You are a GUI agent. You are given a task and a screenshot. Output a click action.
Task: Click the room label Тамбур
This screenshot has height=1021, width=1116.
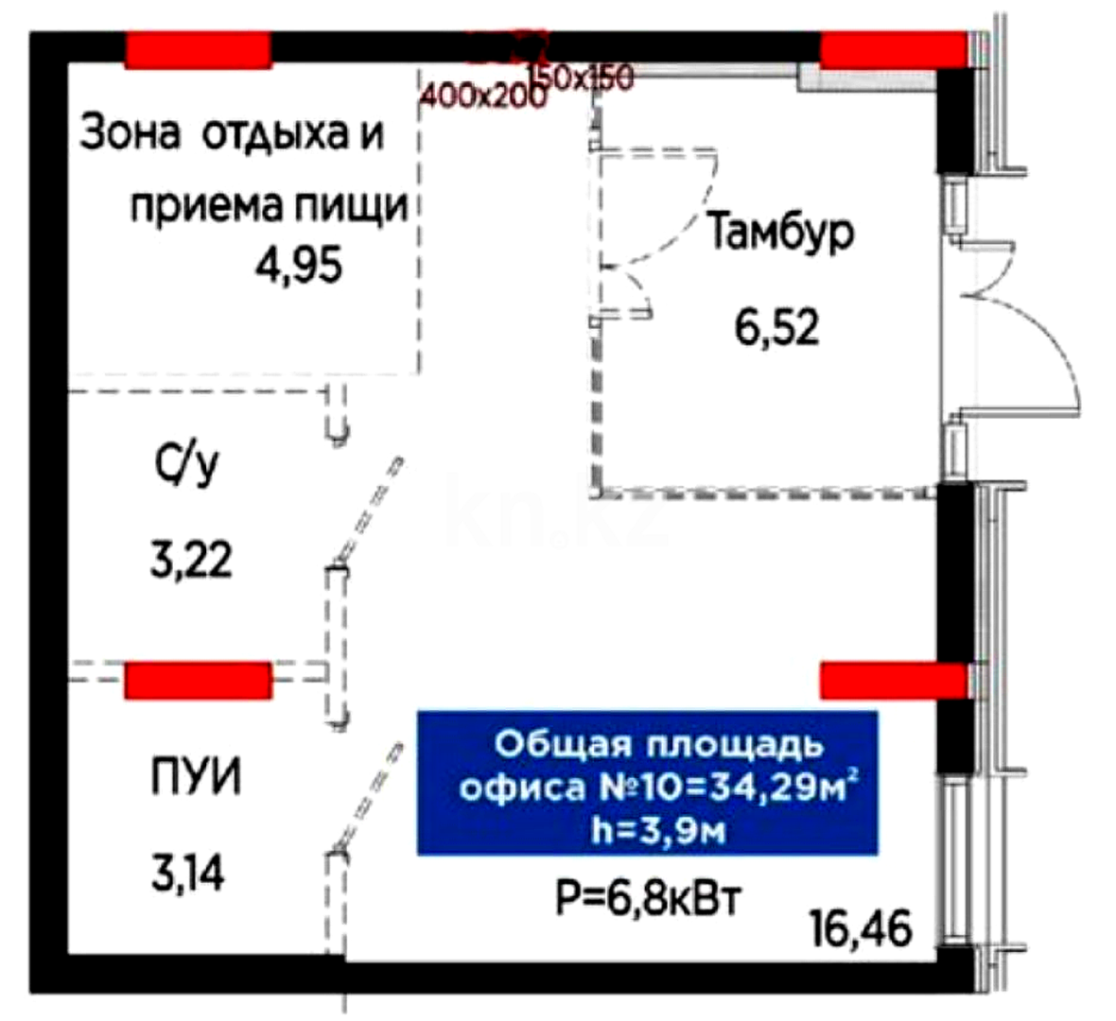tap(780, 233)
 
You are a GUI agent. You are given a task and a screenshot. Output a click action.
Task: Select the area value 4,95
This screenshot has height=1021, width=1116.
tap(298, 266)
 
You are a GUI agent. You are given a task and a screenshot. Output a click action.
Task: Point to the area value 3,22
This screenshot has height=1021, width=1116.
tap(190, 560)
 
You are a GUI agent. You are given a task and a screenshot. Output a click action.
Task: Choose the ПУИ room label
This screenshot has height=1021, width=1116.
tap(196, 778)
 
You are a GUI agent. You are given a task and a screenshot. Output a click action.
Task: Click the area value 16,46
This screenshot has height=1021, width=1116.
tap(861, 928)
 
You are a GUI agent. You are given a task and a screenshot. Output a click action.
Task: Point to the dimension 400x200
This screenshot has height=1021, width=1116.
tap(483, 95)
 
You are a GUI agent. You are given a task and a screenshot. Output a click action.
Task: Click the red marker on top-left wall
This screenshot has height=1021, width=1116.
tap(199, 50)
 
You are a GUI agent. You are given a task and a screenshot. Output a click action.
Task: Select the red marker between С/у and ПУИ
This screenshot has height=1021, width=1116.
tap(199, 680)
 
